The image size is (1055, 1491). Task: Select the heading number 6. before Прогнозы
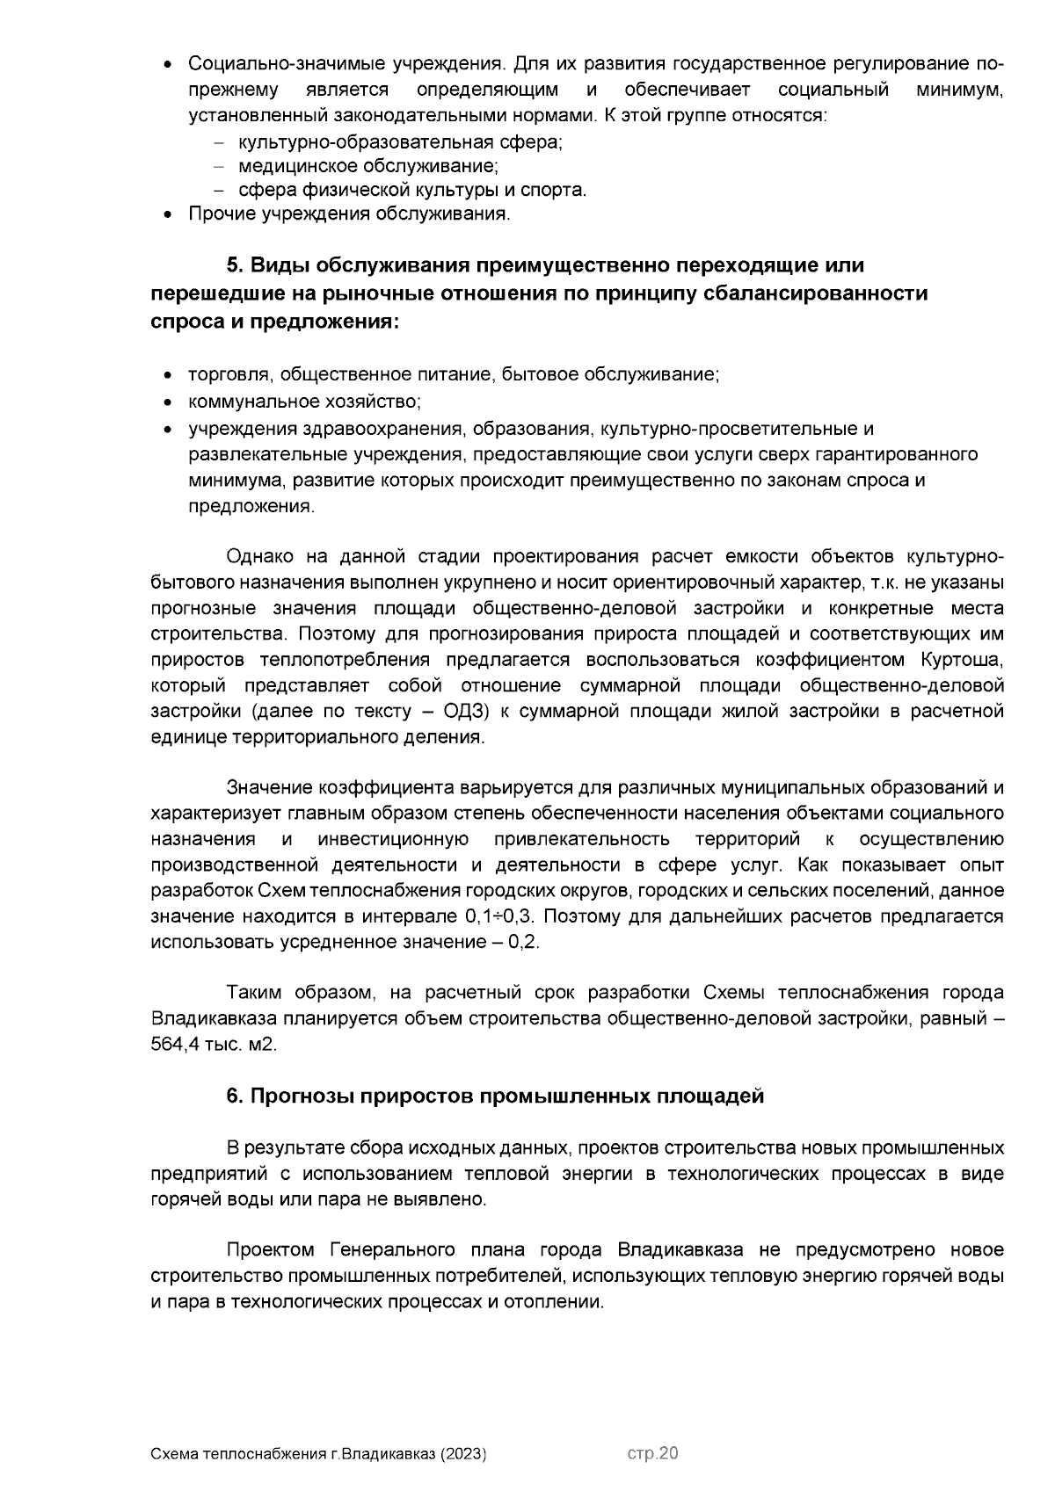pyautogui.click(x=234, y=1096)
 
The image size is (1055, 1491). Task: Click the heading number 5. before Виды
pyautogui.click(x=235, y=265)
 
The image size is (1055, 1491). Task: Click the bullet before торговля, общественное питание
pyautogui.click(x=169, y=376)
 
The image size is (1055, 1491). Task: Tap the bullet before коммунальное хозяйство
pyautogui.click(x=169, y=402)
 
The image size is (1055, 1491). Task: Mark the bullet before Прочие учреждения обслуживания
pyautogui.click(x=169, y=214)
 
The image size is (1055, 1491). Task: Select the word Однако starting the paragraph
pyautogui.click(x=259, y=557)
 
